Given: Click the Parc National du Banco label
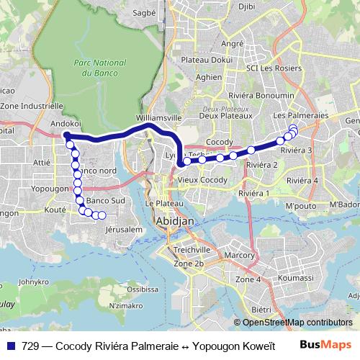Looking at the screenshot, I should point(95,68).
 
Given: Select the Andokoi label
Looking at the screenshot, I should point(65,124).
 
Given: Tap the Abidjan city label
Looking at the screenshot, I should point(175,223).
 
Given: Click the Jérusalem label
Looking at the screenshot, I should point(120,229).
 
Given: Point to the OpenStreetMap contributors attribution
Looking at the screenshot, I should point(297,322).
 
